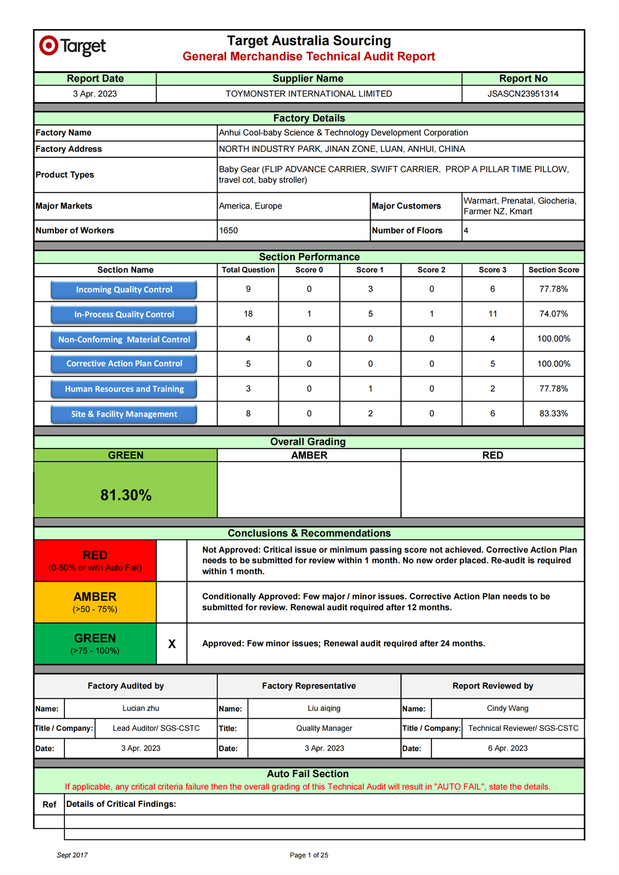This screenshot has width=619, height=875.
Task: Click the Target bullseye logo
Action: pyautogui.click(x=48, y=45)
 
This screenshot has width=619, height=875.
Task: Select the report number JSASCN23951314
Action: pyautogui.click(x=523, y=94)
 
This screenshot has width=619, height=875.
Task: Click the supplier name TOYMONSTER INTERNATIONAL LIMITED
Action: pyautogui.click(x=308, y=94)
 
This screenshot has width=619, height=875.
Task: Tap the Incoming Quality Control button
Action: pyautogui.click(x=124, y=290)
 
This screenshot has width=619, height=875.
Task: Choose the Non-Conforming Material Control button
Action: pyautogui.click(x=124, y=340)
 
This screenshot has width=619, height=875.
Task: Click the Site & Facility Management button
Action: pyautogui.click(x=124, y=414)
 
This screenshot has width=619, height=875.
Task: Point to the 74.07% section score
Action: pyautogui.click(x=553, y=314)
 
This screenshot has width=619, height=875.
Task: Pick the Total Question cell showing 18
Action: pyautogui.click(x=248, y=314)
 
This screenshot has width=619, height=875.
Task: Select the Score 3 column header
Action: pyautogui.click(x=492, y=270)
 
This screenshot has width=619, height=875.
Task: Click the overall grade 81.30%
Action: pyautogui.click(x=126, y=495)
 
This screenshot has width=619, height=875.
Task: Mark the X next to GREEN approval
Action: pyautogui.click(x=172, y=644)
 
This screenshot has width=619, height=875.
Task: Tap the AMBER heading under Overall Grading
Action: pyautogui.click(x=309, y=455)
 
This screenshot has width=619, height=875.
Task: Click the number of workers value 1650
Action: pyautogui.click(x=228, y=231)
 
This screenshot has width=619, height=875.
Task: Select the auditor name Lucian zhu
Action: pyautogui.click(x=141, y=709)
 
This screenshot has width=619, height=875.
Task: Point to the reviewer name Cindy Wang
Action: pyautogui.click(x=508, y=709)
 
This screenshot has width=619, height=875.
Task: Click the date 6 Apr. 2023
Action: pyautogui.click(x=508, y=748)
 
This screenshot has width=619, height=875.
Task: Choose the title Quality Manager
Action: pyautogui.click(x=324, y=728)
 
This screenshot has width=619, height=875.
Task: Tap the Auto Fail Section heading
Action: pyautogui.click(x=308, y=774)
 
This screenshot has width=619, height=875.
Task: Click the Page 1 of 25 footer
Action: pyautogui.click(x=309, y=855)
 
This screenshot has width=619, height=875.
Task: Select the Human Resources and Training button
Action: pyautogui.click(x=124, y=389)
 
